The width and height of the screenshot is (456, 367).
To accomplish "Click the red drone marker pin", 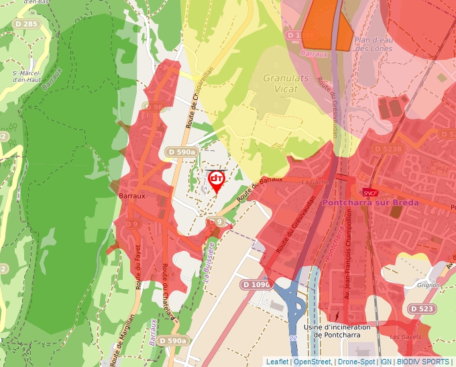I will click(x=217, y=180).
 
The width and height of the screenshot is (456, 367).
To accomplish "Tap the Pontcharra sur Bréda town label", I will click(x=370, y=202).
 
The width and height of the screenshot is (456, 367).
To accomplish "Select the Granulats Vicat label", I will click(x=286, y=83).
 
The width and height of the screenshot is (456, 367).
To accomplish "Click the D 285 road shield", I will click(x=27, y=24).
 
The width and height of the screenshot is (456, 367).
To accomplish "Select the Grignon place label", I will click(x=427, y=284).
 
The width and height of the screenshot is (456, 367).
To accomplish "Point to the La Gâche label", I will click(x=313, y=181).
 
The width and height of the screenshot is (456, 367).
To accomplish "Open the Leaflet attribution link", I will click(x=277, y=362).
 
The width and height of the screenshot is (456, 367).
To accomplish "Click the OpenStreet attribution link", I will click(x=312, y=362).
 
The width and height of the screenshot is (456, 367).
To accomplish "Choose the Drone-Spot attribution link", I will click(x=356, y=362).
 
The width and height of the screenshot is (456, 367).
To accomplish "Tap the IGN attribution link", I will click(x=386, y=362).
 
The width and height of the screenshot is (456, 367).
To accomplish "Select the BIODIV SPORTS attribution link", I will click(x=423, y=362).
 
